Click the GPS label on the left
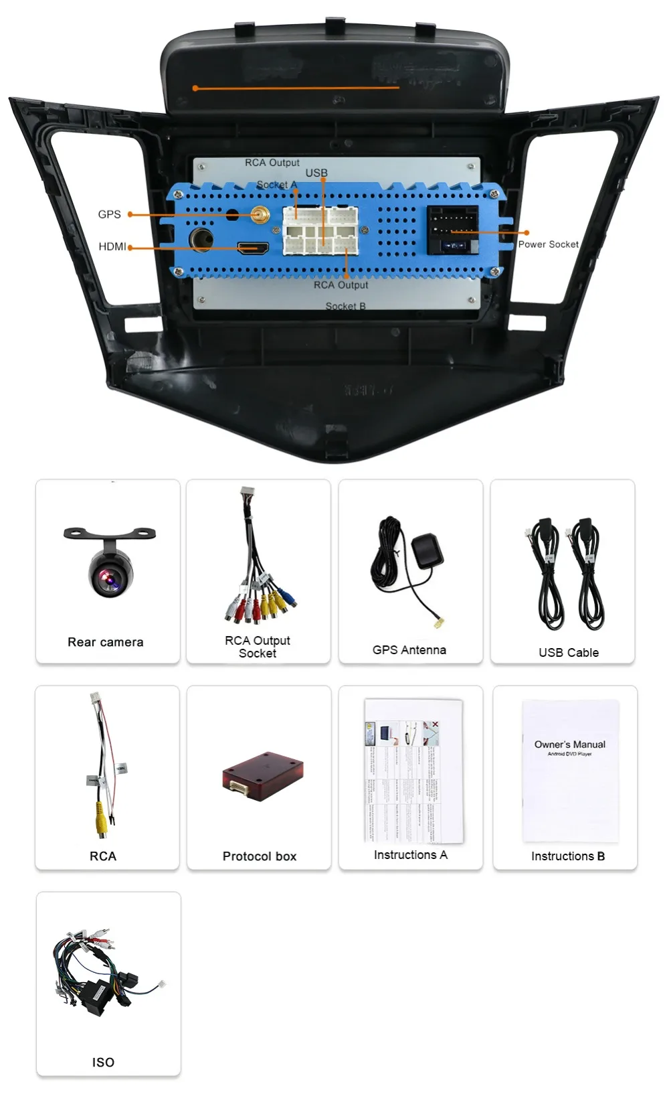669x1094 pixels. click(x=109, y=214)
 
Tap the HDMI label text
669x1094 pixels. click(x=112, y=246)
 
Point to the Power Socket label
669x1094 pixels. click(x=548, y=244)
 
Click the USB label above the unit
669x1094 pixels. click(x=316, y=173)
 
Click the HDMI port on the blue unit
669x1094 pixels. click(x=253, y=248)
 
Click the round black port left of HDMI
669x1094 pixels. click(x=201, y=239)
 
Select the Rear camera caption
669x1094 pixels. click(x=106, y=642)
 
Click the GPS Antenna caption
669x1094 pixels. click(x=409, y=649)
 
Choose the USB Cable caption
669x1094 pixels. click(x=569, y=652)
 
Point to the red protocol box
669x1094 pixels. click(x=263, y=775)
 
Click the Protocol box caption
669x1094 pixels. click(x=260, y=856)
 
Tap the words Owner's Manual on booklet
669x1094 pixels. click(x=570, y=745)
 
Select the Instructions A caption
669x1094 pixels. click(x=411, y=855)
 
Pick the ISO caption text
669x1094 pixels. click(x=103, y=1063)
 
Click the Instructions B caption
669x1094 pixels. click(x=568, y=856)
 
